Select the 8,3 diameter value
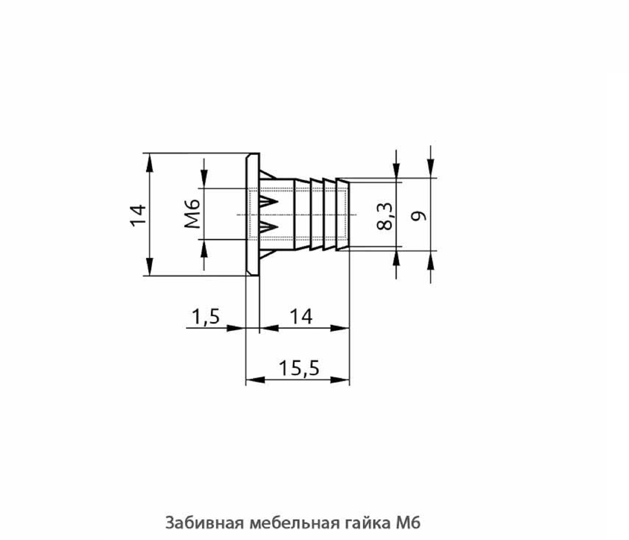384,216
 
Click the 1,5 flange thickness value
206,316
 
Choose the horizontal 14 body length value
301,316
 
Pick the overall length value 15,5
299,368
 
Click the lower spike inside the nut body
269,226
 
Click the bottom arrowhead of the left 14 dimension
150,267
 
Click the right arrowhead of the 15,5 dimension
339,380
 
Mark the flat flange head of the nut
253,214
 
